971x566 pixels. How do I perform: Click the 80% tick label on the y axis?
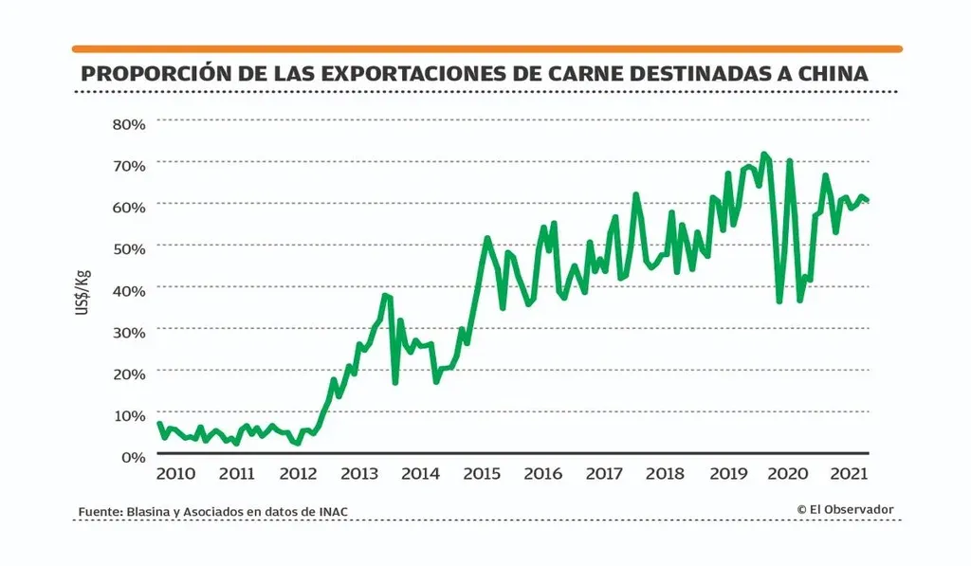point(128,124)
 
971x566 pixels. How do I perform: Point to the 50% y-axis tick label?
point(128,248)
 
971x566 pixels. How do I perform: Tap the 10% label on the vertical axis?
point(128,414)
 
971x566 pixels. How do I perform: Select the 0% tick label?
point(132,456)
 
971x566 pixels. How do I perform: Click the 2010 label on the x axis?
point(175,474)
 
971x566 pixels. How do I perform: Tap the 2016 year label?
point(542,474)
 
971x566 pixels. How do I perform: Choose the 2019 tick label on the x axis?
point(727,474)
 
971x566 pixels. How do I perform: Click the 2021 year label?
point(850,474)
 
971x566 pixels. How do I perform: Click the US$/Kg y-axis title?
point(83,293)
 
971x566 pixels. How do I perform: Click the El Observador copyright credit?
point(846,510)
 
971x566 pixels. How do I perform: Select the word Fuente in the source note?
point(98,512)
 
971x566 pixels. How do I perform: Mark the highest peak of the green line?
point(763,154)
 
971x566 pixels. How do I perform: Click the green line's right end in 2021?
point(868,200)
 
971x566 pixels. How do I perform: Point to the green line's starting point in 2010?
point(158,423)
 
